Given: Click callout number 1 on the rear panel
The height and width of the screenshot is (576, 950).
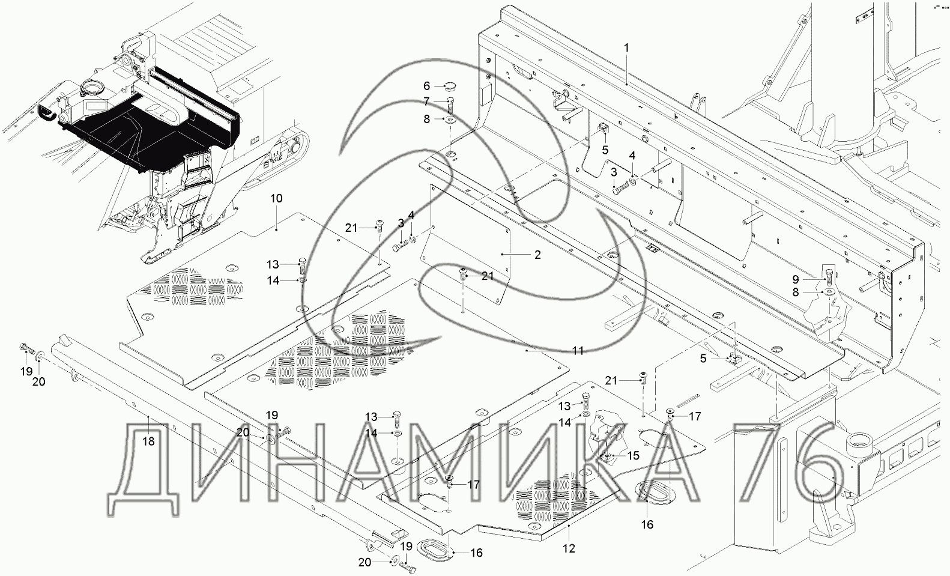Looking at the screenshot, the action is coord(626,47).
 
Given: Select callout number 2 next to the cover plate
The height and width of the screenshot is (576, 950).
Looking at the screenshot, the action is coord(537,255).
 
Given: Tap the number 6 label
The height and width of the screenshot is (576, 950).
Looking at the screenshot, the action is coord(427,86).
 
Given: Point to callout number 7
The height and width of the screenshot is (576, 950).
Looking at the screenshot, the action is coord(427,102).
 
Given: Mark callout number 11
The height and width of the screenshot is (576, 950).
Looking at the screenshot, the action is coord(578,351).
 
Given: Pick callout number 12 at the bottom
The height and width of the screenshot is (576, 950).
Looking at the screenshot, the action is coord(569,548).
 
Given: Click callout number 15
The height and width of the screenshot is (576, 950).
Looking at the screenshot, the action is coord(634,456).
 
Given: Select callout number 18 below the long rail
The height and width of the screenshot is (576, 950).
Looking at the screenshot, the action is coord(148,441).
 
